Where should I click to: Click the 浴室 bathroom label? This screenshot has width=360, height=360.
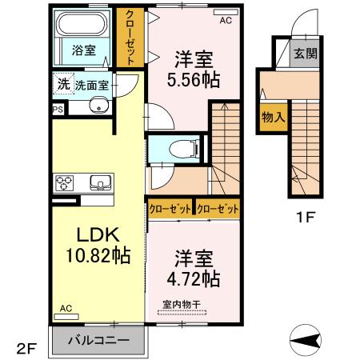84,50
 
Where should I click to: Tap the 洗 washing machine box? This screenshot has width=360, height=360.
62,84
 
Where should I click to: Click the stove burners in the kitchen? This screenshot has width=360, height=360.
64,183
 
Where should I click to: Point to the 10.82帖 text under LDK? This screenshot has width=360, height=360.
98,256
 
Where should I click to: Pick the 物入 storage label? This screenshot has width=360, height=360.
274,118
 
